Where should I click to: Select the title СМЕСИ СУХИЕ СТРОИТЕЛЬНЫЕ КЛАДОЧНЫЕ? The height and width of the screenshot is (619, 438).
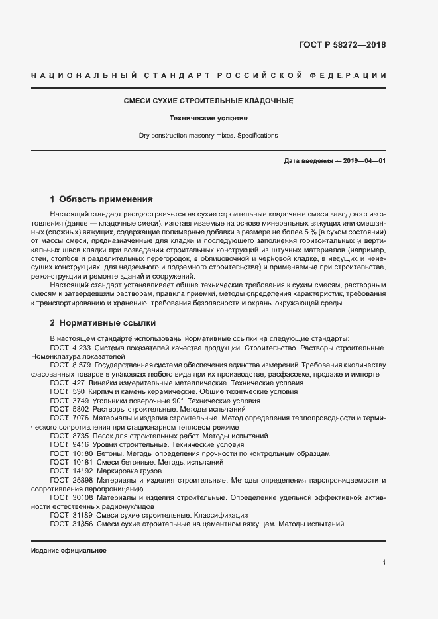209,101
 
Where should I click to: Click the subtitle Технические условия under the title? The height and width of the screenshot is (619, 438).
209,119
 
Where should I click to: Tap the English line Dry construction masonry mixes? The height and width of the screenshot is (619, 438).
208,136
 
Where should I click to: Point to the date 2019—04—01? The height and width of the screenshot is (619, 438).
363,162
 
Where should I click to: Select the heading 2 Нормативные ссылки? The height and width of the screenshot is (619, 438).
103,323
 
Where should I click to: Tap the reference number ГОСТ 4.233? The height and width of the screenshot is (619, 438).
70,348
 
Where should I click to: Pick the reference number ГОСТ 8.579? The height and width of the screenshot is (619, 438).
70,365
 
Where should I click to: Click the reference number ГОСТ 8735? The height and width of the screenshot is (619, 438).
70,436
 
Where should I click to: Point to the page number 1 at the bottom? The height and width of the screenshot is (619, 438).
384,563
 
